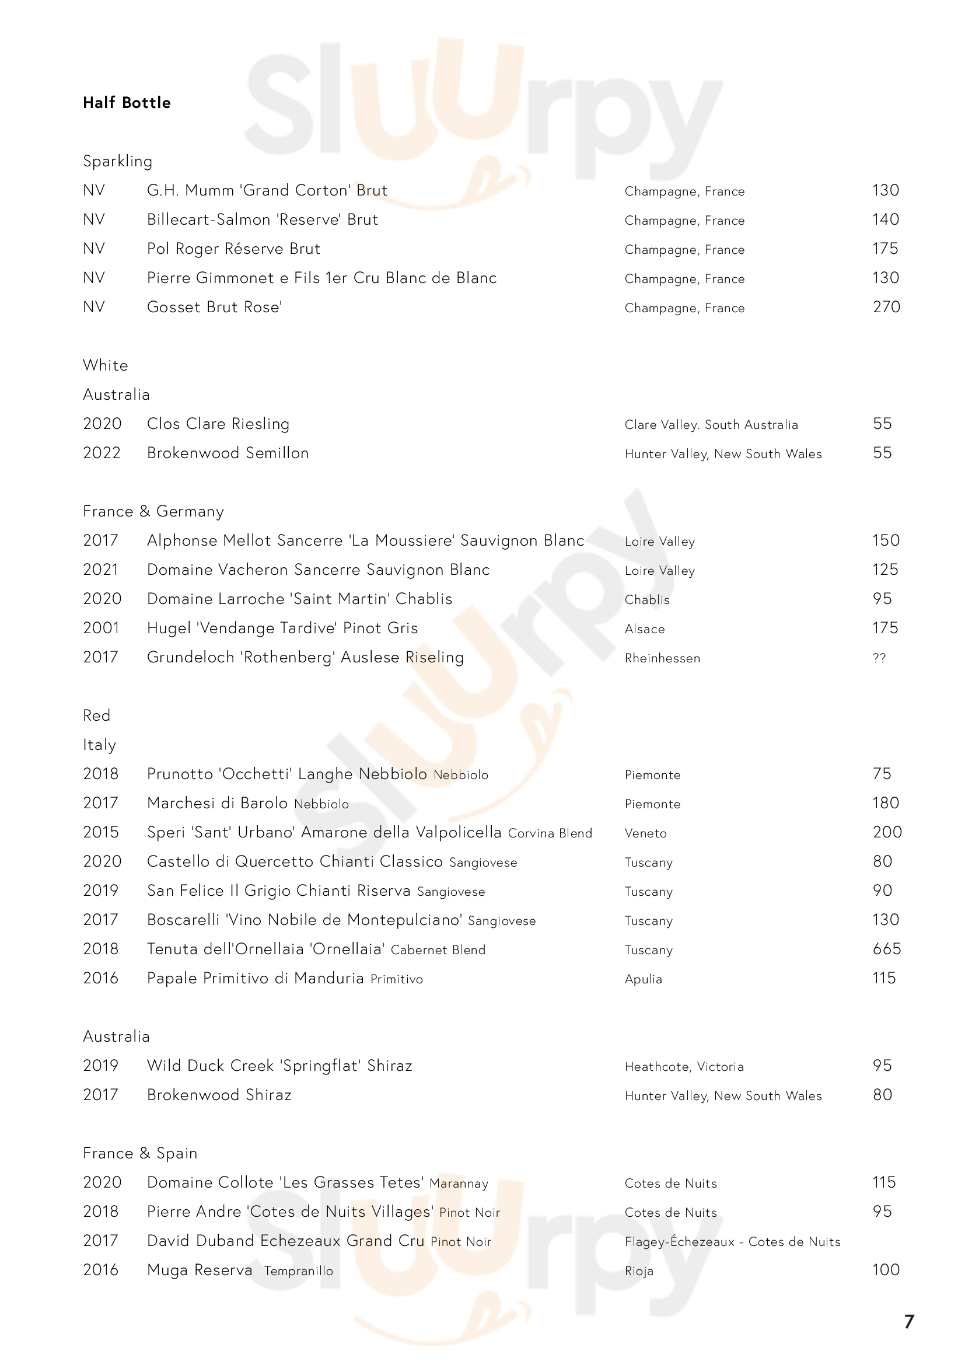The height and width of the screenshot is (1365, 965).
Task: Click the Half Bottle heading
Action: click(x=127, y=103)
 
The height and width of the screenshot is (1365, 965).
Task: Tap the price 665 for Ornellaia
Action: click(x=886, y=949)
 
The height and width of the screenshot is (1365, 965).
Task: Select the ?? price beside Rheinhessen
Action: click(x=879, y=658)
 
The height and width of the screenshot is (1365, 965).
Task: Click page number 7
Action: click(x=908, y=1322)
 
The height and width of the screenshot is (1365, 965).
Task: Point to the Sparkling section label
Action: click(x=117, y=162)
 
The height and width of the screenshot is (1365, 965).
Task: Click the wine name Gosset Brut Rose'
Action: click(x=214, y=308)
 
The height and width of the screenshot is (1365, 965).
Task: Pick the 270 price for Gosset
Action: click(x=886, y=308)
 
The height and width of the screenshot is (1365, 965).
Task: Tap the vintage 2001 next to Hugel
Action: click(x=101, y=629)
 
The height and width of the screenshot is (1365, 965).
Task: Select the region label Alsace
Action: click(x=644, y=629)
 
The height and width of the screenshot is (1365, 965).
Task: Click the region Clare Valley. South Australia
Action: click(x=711, y=425)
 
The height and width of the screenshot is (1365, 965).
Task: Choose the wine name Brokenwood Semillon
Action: click(x=228, y=453)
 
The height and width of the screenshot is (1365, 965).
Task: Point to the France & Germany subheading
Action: click(x=153, y=511)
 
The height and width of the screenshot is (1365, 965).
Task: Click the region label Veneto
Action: click(x=645, y=833)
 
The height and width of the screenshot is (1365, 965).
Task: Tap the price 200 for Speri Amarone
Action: click(x=887, y=832)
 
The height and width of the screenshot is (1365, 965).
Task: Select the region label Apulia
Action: click(x=643, y=979)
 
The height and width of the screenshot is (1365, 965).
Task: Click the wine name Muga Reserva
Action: click(x=199, y=1270)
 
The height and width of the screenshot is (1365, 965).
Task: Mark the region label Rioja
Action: click(x=639, y=1271)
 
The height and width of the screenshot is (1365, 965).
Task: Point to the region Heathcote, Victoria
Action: click(x=684, y=1067)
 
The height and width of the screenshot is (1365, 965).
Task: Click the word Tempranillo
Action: click(x=298, y=1271)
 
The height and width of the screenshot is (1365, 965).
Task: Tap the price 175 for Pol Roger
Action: click(x=885, y=249)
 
